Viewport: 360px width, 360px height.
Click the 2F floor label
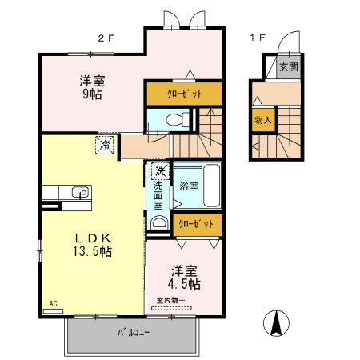106,38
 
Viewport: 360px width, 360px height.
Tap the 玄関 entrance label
287,68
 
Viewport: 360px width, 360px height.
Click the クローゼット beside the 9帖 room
184,94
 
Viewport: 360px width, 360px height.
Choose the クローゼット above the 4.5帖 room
196,224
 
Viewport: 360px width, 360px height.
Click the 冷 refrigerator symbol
105,145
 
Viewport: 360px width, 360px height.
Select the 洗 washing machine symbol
159,170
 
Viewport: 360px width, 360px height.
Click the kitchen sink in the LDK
79,192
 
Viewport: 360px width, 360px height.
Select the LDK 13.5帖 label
93,244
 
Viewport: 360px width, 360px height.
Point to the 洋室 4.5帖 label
184,276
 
